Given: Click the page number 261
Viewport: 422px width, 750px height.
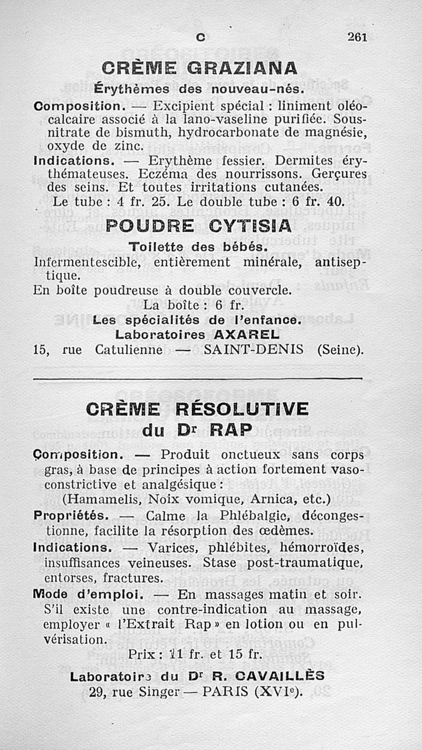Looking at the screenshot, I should click(357, 37).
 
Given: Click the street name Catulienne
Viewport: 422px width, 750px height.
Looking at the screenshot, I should click(129, 349).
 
